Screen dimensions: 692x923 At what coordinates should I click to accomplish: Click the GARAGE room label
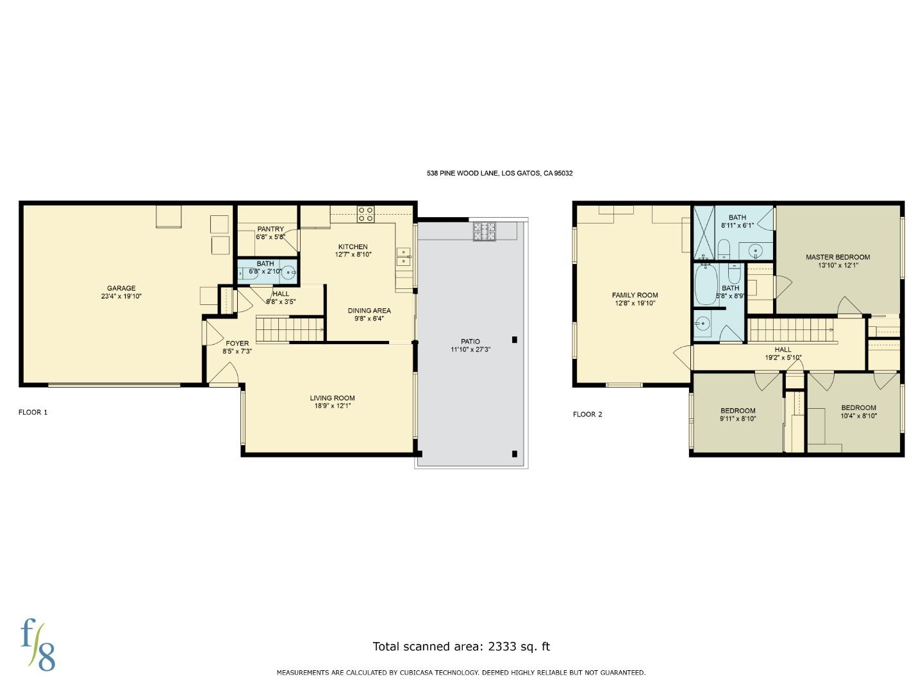coord(121,288)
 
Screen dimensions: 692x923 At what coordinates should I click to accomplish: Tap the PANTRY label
coord(270,229)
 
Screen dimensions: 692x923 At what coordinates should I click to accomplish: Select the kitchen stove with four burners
coord(365,214)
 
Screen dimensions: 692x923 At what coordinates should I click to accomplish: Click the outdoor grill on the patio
coord(485,231)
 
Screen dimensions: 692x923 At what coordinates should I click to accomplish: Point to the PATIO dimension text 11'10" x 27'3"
coord(470,350)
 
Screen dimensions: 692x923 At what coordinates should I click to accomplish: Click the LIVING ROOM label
coord(332,398)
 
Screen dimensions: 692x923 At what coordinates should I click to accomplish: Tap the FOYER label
coord(237,343)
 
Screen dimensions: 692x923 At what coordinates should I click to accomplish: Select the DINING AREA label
coord(369,311)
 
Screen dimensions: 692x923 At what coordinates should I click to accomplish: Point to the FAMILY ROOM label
coord(635,295)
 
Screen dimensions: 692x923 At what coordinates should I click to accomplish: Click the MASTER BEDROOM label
coord(838,257)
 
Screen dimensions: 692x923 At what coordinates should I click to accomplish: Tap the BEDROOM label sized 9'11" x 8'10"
coord(738,411)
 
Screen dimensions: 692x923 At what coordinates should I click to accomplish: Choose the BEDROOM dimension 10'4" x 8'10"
coord(858,416)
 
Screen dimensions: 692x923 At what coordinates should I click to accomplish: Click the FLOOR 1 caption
coord(33,412)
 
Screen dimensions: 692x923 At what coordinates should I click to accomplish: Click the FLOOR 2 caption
coord(587,414)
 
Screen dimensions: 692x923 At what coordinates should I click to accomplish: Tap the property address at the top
coord(499,173)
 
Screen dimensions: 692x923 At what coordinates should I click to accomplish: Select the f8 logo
coord(37,645)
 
